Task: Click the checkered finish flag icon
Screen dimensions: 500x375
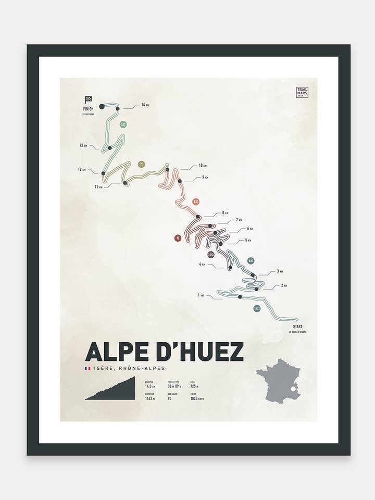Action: [x=88, y=99]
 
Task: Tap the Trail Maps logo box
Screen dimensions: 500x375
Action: [x=302, y=92]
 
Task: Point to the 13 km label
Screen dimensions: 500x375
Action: [x=83, y=145]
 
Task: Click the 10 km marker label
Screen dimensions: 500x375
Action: [x=203, y=166]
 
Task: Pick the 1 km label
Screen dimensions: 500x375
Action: [x=201, y=295]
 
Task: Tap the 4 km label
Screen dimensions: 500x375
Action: [x=202, y=265]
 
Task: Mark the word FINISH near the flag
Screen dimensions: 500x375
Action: [x=88, y=109]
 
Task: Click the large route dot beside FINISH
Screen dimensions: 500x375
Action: [x=102, y=106]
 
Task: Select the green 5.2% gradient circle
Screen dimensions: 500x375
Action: [x=123, y=124]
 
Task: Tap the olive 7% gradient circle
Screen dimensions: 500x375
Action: [x=141, y=165]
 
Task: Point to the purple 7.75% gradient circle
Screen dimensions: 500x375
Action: [x=211, y=255]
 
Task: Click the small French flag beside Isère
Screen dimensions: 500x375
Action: [x=87, y=368]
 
